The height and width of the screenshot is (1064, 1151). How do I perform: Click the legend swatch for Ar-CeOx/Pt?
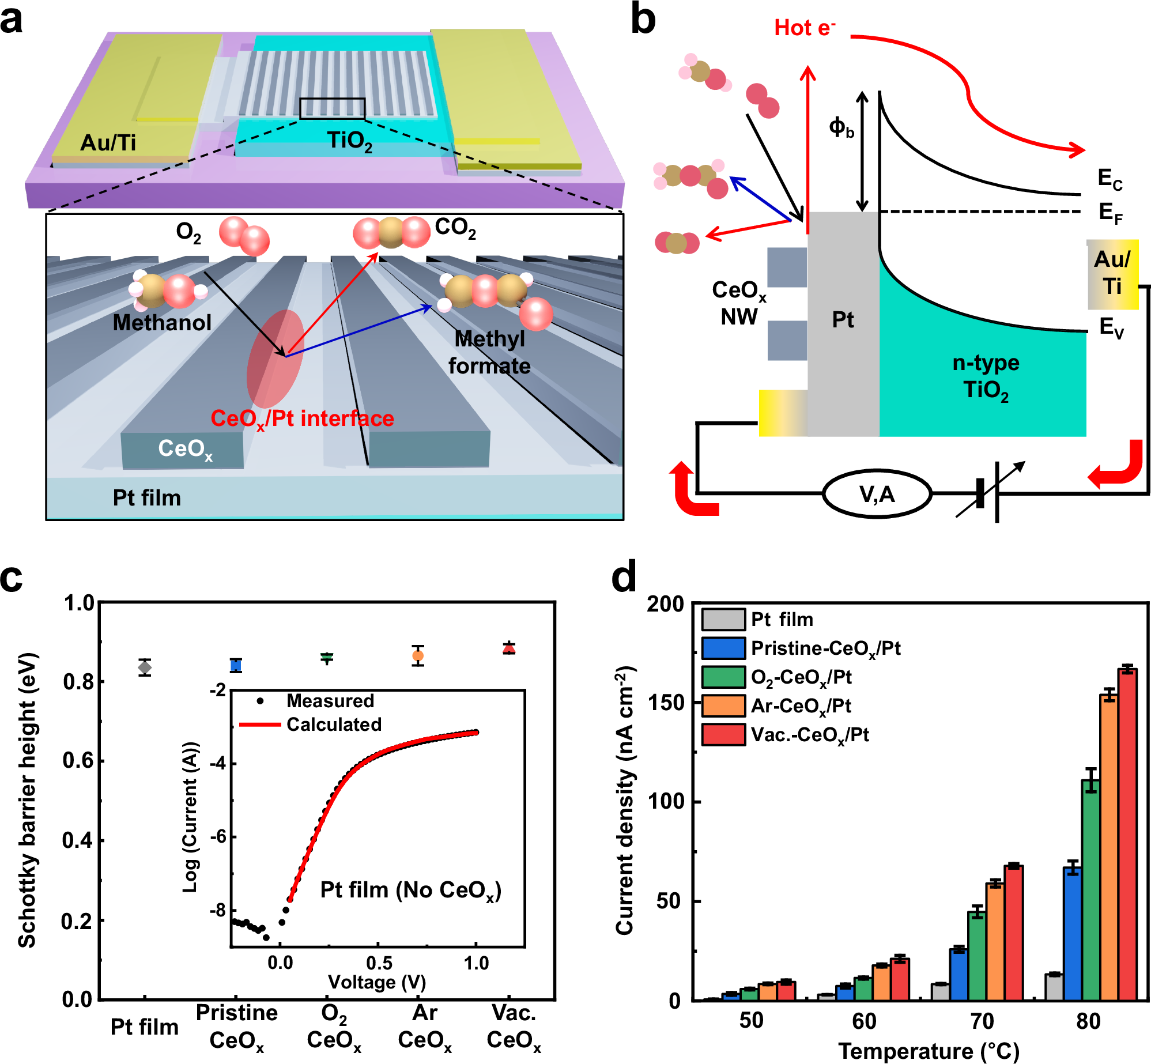723,706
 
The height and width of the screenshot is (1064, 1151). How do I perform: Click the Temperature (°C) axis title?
929,1051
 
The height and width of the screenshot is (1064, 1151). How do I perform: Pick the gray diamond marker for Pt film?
145,667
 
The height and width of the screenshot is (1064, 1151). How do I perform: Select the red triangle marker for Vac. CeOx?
508,648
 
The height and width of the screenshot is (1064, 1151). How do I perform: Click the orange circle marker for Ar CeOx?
418,656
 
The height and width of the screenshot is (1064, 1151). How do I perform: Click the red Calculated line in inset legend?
259,725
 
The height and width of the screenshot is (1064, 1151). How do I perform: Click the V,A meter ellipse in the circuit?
877,495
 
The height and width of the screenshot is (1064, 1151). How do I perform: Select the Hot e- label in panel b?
805,28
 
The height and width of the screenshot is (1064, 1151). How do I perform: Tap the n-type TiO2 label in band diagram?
986,376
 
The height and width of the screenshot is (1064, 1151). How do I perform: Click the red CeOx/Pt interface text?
302,418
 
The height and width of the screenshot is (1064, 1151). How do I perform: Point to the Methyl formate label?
489,352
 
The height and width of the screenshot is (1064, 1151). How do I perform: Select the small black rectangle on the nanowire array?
332,108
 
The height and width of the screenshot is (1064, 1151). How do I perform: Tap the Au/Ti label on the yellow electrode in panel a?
108,142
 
